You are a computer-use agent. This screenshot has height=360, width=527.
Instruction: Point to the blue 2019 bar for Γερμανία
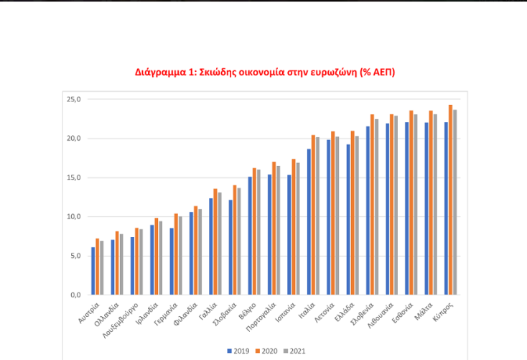(172, 262)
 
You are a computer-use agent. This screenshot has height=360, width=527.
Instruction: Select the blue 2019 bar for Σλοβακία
(230, 248)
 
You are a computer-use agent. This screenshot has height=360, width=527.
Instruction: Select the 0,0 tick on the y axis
(74, 295)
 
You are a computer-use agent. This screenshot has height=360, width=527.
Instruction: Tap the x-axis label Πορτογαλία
(262, 317)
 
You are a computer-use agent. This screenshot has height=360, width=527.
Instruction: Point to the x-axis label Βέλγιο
(248, 310)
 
